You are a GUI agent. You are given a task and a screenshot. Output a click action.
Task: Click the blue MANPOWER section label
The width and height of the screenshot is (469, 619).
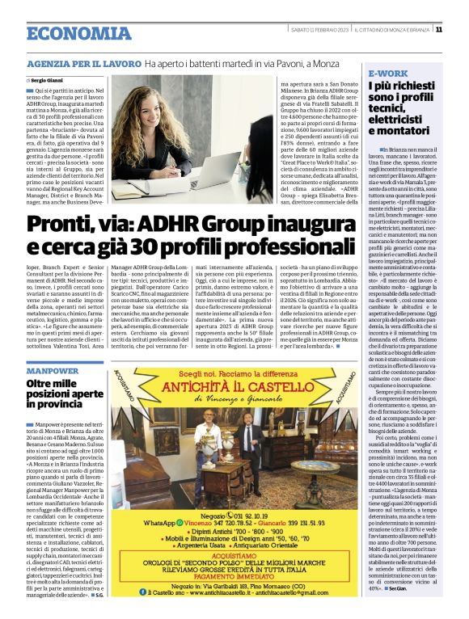[53, 368]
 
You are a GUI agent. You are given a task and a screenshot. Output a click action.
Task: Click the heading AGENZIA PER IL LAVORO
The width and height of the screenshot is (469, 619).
[83, 62]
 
